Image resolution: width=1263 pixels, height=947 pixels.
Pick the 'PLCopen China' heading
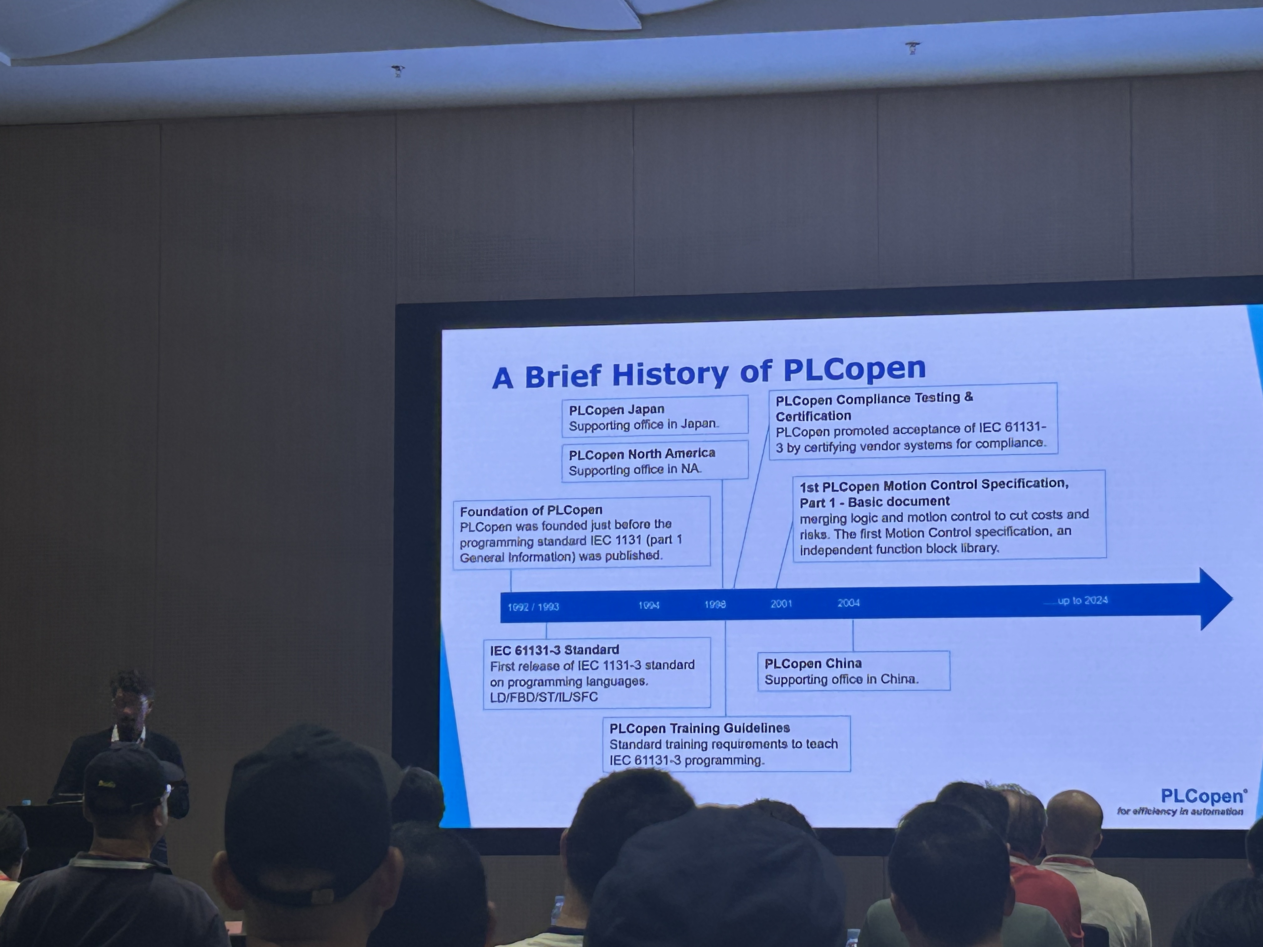point(813,663)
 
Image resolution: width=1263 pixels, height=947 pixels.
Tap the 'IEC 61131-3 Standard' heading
point(554,649)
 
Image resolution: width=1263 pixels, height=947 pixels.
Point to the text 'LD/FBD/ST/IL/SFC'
point(543,697)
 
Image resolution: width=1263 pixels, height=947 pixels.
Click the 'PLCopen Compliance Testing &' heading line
point(874,398)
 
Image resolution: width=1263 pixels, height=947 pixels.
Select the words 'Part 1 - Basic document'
point(874,502)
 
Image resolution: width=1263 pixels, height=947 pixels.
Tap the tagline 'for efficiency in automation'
point(1180,811)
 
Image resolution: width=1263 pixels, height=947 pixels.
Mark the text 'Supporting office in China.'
point(841,679)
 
